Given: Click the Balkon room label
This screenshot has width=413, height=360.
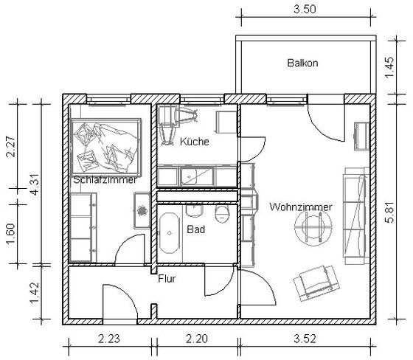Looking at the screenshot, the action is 302,63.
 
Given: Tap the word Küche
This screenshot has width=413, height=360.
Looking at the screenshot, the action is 195,142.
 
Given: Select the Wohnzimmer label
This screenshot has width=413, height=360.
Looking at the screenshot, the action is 301,207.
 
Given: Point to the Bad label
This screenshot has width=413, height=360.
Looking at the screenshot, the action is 195,229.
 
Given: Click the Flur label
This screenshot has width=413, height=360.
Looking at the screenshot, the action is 167,279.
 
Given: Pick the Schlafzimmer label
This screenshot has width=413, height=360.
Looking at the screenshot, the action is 105,180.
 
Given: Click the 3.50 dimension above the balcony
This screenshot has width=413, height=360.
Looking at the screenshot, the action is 305,10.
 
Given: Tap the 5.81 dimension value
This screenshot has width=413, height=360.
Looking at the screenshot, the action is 389,212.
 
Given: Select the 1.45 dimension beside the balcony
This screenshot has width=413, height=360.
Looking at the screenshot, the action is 389,67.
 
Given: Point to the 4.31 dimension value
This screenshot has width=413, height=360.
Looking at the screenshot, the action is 35,184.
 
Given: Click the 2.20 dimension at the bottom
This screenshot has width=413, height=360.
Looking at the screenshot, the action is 197,339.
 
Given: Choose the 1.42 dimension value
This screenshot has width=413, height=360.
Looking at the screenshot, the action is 35,293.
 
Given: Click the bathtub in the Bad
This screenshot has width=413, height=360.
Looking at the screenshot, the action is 170,233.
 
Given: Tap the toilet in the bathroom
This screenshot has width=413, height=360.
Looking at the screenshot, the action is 223,214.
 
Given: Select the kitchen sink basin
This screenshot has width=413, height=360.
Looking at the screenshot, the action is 197,176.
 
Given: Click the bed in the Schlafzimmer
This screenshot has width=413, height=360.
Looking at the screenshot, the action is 106,147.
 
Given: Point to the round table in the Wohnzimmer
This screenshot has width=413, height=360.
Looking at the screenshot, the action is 313,229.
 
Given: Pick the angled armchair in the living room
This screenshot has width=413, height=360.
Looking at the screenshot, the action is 316,283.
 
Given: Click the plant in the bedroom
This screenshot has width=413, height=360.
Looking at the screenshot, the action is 142,210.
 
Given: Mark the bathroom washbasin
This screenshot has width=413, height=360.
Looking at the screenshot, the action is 195,211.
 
